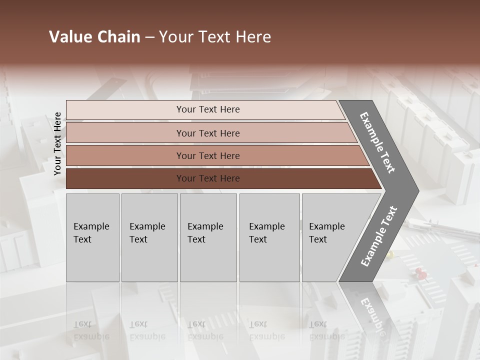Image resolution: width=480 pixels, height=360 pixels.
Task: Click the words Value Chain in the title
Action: point(94,37)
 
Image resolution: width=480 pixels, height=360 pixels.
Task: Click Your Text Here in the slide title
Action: point(215,37)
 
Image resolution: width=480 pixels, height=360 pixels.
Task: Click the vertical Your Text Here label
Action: point(57,144)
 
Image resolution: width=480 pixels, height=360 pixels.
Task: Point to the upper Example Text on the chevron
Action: point(377,142)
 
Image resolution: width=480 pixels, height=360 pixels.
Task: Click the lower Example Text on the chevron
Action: point(378,236)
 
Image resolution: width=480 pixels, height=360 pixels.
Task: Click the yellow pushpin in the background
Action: point(390,255)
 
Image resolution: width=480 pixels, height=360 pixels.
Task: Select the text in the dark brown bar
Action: point(208,178)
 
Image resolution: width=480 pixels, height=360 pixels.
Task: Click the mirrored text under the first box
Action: point(91,330)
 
